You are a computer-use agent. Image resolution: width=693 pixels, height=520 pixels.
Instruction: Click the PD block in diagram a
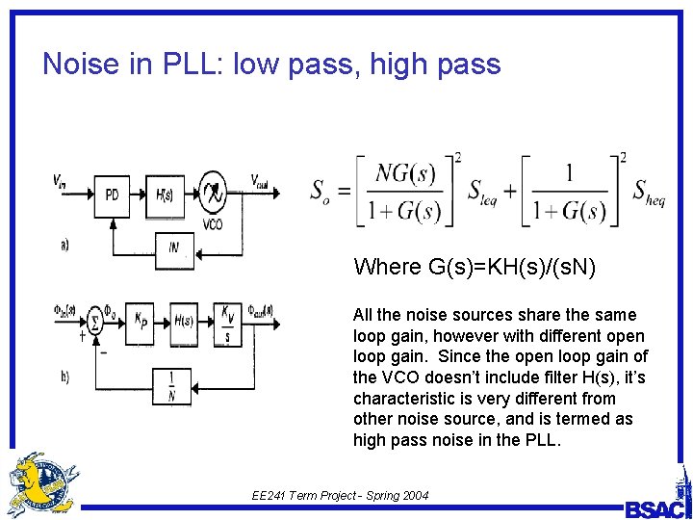[x=113, y=195]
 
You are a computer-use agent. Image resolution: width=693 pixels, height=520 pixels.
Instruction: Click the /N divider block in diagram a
[x=173, y=247]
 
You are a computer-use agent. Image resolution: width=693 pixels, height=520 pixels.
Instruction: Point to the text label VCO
[x=214, y=224]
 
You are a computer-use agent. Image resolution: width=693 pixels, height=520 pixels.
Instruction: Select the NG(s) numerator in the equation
[x=406, y=174]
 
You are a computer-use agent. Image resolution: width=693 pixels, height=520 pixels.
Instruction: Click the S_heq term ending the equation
[x=648, y=191]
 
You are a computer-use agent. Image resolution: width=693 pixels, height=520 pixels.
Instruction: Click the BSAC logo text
[x=656, y=508]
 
